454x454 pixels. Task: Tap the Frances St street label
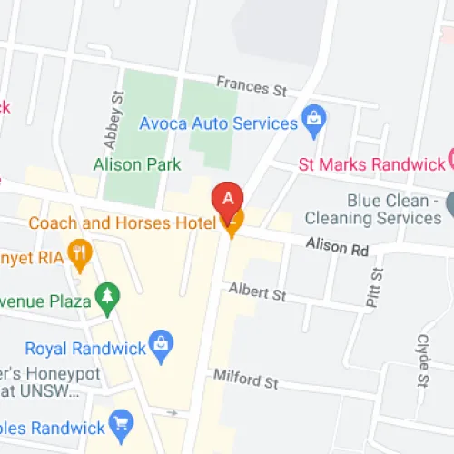(252, 86)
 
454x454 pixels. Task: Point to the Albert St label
(257, 292)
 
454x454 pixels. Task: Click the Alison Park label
(137, 164)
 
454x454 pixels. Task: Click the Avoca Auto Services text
(219, 123)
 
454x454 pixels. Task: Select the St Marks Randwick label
(370, 164)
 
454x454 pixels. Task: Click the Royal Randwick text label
(84, 349)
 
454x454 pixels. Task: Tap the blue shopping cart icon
(120, 421)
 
